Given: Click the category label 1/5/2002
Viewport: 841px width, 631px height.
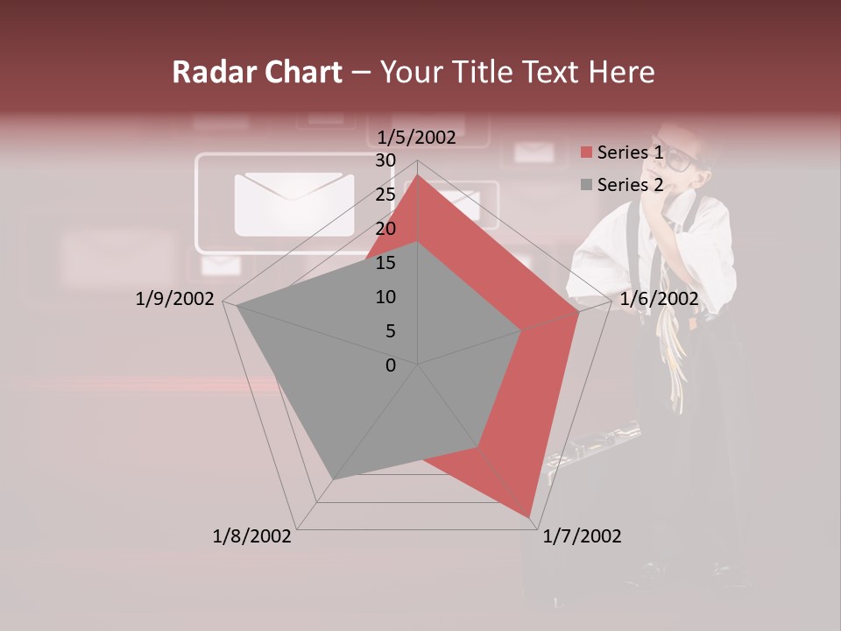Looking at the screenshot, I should pyautogui.click(x=417, y=138).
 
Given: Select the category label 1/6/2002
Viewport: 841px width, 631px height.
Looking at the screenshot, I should pyautogui.click(x=659, y=299).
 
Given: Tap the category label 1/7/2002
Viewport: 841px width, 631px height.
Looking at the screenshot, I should pyautogui.click(x=582, y=536).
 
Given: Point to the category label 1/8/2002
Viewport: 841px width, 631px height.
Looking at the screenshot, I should pyautogui.click(x=252, y=536).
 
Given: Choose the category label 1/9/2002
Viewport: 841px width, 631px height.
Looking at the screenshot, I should pyautogui.click(x=174, y=299).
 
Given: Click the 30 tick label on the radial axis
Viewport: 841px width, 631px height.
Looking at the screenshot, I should pyautogui.click(x=385, y=160).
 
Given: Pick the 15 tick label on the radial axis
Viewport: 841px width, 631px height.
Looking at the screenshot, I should pyautogui.click(x=385, y=263).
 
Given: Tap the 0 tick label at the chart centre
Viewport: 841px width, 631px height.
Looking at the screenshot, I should pyautogui.click(x=391, y=365).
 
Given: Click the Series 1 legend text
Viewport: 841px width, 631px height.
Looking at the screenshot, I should pyautogui.click(x=630, y=152).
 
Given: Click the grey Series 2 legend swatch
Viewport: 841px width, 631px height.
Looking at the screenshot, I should pyautogui.click(x=586, y=185).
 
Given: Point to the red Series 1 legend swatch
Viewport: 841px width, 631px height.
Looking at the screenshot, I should pyautogui.click(x=586, y=152).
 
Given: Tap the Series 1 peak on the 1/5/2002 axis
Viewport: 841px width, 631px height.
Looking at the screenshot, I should pyautogui.click(x=418, y=175).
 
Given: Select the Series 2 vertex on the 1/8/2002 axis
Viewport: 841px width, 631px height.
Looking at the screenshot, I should pyautogui.click(x=334, y=479).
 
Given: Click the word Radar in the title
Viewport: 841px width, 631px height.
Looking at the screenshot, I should pyautogui.click(x=207, y=72).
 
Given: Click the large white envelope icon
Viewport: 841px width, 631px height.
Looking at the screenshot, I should pyautogui.click(x=293, y=204).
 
